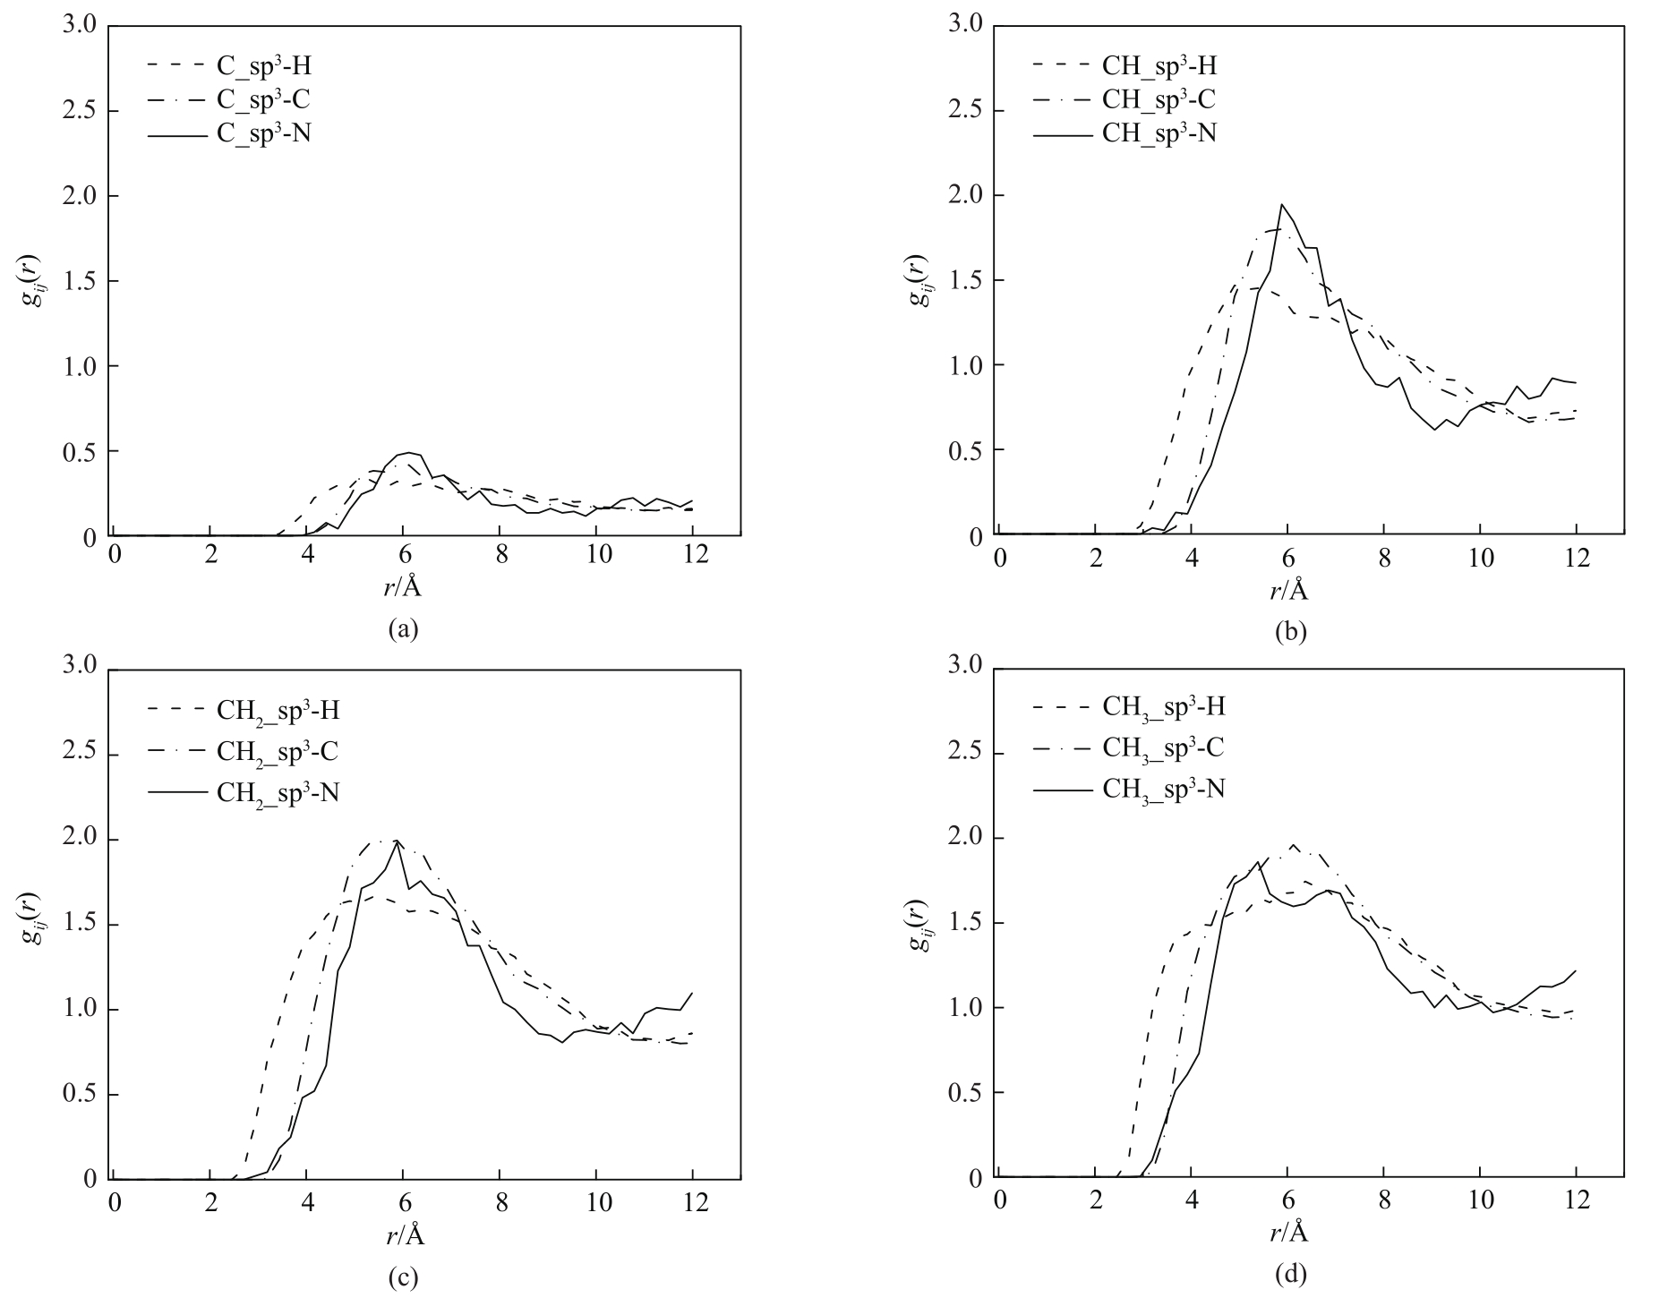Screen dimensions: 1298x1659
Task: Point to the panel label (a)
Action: (402, 629)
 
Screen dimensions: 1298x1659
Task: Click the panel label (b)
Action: (1290, 631)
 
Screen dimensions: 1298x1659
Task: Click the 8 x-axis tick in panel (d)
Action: (1384, 1202)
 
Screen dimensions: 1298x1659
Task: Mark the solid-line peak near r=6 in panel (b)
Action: (1282, 205)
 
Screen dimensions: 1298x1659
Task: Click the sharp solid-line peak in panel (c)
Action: (397, 841)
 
